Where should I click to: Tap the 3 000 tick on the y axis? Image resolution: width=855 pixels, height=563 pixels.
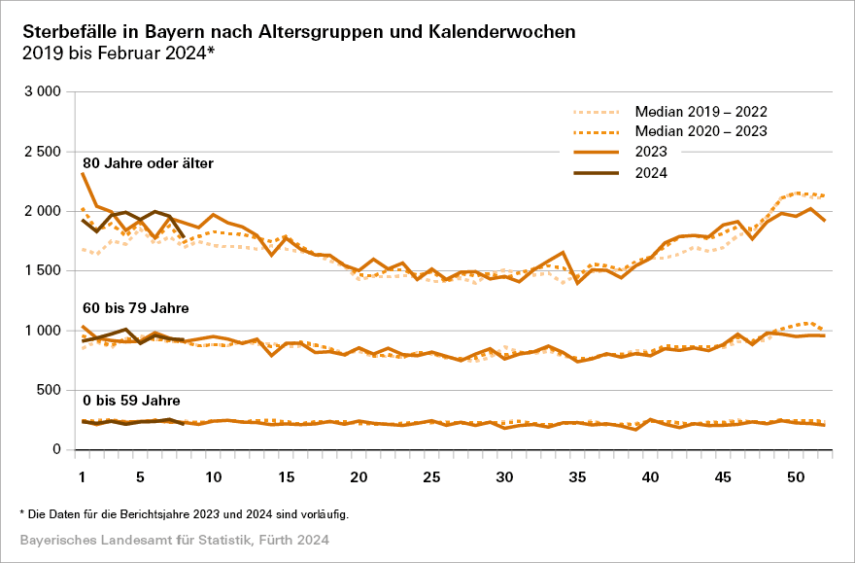click(43, 91)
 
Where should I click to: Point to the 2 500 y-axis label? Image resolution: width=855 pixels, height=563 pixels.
click(43, 152)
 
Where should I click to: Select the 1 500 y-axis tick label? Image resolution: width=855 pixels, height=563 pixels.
click(43, 270)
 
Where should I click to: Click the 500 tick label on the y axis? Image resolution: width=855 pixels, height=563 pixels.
click(50, 390)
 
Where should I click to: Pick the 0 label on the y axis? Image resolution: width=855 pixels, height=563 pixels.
click(57, 450)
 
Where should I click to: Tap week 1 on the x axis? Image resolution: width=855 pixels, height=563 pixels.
click(83, 477)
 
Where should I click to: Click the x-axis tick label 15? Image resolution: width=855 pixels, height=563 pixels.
click(286, 477)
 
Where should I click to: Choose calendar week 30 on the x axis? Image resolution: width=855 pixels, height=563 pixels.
click(504, 477)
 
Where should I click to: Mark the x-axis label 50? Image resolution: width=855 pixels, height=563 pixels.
click(796, 477)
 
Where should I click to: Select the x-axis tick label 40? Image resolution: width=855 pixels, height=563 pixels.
click(650, 477)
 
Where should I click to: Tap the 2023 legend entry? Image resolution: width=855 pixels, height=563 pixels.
click(652, 152)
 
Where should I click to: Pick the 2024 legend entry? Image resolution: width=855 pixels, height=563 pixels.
click(652, 173)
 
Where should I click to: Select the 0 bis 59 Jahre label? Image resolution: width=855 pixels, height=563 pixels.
click(131, 400)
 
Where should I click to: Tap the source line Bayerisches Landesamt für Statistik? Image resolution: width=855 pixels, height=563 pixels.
click(174, 539)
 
